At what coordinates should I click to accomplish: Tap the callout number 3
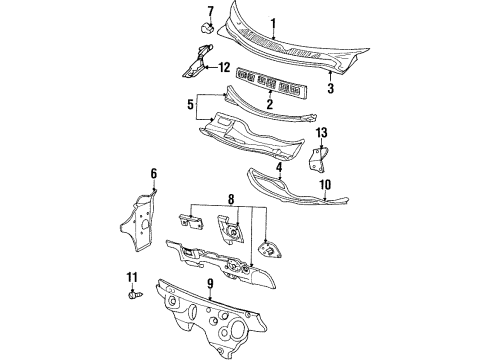pos(330,89)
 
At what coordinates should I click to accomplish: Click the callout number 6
pos(154,173)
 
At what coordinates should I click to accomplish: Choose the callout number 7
pos(210,11)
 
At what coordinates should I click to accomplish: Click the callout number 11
pos(131,276)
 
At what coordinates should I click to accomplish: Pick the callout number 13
pos(322,132)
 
